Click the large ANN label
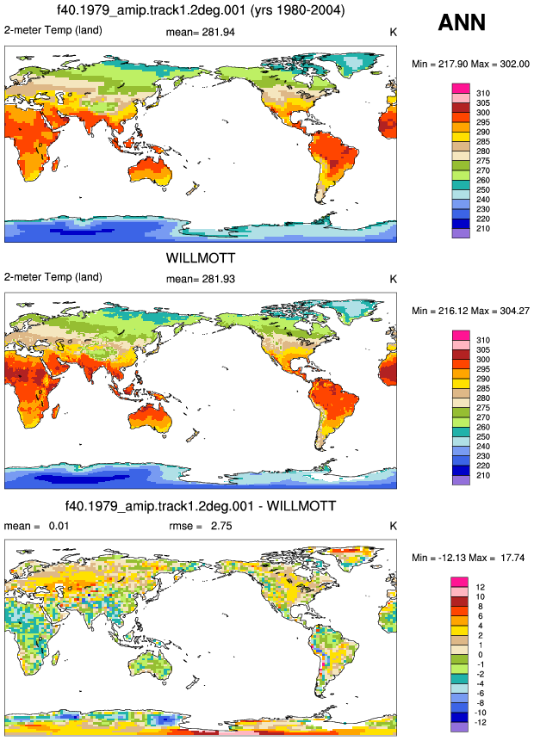(463, 22)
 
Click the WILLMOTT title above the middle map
(201, 258)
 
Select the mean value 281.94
(219, 32)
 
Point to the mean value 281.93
(219, 279)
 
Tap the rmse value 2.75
(221, 526)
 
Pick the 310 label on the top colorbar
(483, 93)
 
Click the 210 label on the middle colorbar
(483, 475)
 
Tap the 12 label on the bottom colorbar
(480, 587)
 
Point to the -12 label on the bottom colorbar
(480, 722)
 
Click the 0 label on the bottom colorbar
(480, 655)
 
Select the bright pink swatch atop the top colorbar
(461, 89)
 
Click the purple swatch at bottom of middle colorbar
(461, 479)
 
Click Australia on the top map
(148, 171)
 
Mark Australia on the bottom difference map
(148, 665)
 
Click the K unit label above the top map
(393, 32)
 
